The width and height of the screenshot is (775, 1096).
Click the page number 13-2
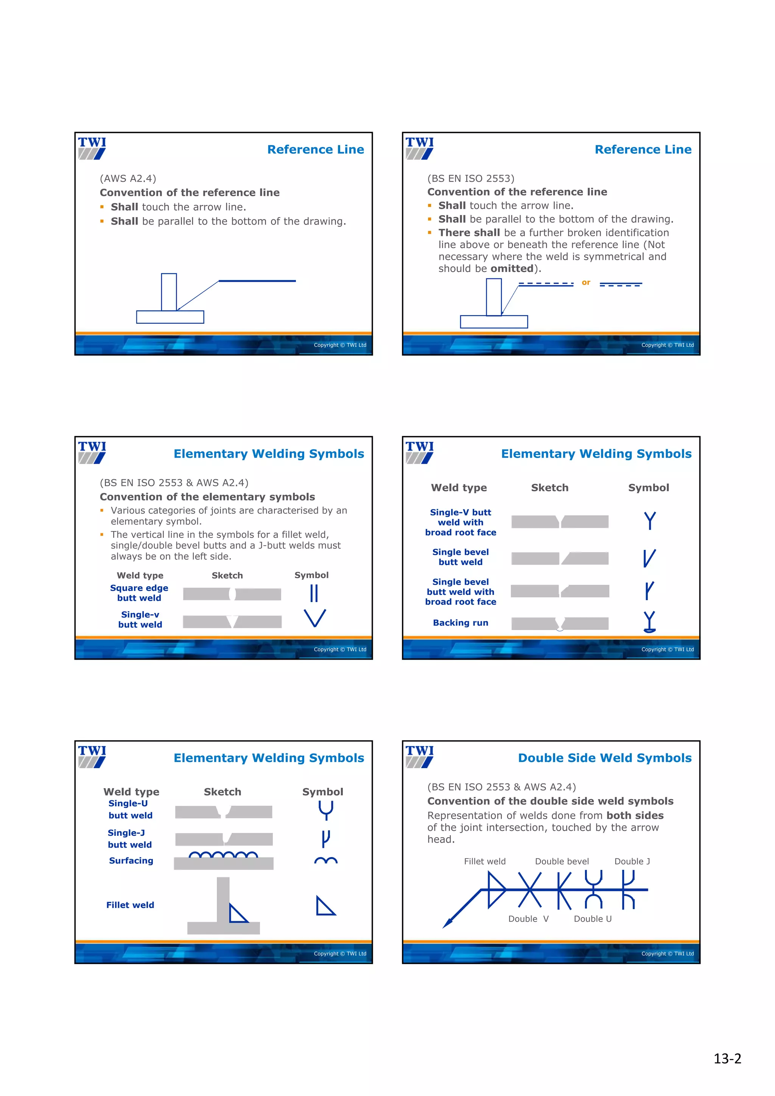point(727,1059)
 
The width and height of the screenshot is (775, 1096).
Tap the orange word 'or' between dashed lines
point(586,283)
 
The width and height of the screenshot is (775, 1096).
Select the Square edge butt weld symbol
point(314,593)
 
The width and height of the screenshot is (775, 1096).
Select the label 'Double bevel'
point(562,861)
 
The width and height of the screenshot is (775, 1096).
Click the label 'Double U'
point(592,919)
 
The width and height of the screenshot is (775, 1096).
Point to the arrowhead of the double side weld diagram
point(447,923)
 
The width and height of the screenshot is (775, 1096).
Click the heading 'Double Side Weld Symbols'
point(605,758)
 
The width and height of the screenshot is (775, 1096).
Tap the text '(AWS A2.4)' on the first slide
point(128,179)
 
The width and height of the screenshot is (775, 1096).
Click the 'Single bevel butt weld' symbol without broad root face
point(649,558)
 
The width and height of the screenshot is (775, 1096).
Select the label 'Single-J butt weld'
point(129,839)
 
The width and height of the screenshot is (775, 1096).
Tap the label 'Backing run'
point(460,623)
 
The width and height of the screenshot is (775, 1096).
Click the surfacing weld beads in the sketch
point(223,854)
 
